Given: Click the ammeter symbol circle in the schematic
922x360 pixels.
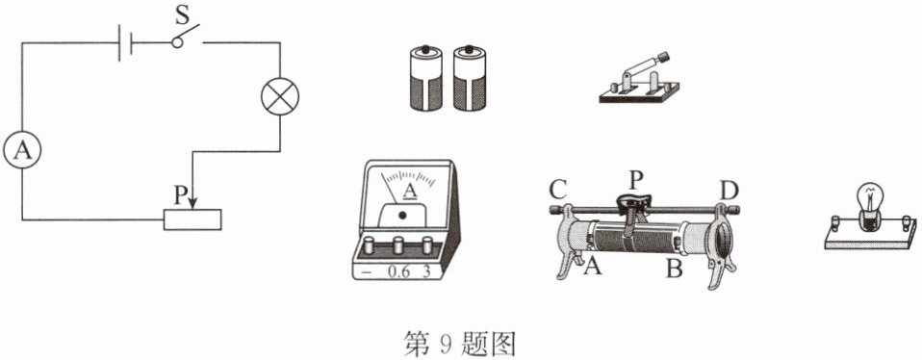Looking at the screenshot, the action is [x=22, y=150].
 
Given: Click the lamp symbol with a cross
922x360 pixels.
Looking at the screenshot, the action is [x=280, y=96].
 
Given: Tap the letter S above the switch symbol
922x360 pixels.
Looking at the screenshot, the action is [x=182, y=16].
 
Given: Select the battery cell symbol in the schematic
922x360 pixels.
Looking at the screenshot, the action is [x=125, y=42].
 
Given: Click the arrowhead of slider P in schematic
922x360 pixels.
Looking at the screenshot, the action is [x=192, y=203].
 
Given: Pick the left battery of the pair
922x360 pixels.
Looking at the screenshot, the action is [x=425, y=78].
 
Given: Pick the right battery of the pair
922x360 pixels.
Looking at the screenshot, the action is [x=470, y=78].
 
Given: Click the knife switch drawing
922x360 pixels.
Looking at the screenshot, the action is [x=640, y=78].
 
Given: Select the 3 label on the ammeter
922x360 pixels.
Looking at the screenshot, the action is [x=427, y=272].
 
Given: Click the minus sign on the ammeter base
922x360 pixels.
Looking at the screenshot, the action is [x=367, y=273].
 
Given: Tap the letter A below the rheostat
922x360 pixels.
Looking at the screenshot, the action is [x=593, y=268].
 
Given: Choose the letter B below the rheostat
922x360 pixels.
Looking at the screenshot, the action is [x=674, y=269].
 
